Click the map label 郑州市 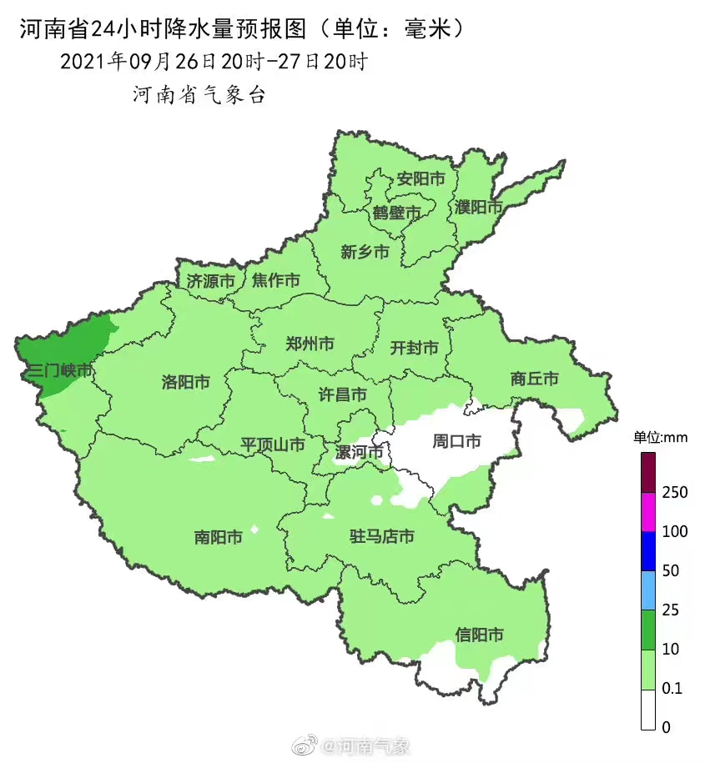pos(310,344)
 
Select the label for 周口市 pos(456,440)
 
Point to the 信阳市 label pos(480,635)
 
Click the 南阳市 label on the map pos(218,537)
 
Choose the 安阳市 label pos(420,178)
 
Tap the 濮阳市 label pos(479,206)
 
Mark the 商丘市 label pos(535,379)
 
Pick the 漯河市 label pos(360,452)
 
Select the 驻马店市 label pos(381,536)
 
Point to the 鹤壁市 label pos(396,213)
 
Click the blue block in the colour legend pos(648,551)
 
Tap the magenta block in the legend pos(648,511)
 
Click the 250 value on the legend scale pos(674,492)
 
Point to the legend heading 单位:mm pos(659,437)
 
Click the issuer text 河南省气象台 pos(199,95)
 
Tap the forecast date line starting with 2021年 pos(214,62)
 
